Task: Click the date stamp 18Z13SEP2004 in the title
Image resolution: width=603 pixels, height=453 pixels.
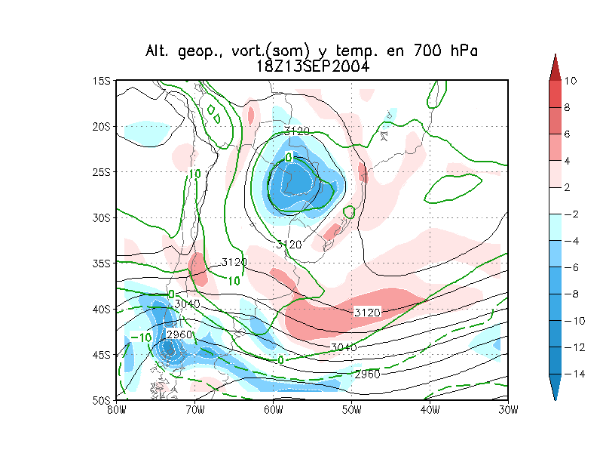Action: (313, 66)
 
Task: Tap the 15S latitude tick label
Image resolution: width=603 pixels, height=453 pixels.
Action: (103, 81)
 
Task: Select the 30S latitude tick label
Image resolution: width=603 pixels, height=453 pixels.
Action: (103, 217)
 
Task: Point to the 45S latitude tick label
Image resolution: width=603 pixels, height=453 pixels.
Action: (103, 354)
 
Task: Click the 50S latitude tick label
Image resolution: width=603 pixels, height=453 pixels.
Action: (103, 399)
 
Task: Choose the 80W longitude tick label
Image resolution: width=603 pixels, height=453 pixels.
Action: (116, 409)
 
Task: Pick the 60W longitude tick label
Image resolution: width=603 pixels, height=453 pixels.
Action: (273, 409)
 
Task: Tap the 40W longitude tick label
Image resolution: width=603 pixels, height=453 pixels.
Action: (430, 409)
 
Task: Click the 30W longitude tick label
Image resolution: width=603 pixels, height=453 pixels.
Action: (509, 409)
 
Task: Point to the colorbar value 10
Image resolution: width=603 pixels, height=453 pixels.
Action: (571, 81)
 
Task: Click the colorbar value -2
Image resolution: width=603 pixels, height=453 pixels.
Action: (571, 215)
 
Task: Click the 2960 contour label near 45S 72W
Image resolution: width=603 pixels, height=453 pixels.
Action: (179, 334)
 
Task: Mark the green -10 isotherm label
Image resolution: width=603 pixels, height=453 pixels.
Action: (141, 337)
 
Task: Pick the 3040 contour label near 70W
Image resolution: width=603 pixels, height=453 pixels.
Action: (187, 304)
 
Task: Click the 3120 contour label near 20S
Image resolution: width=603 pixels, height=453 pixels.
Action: (297, 131)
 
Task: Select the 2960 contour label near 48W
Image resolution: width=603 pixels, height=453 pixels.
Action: (367, 374)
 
